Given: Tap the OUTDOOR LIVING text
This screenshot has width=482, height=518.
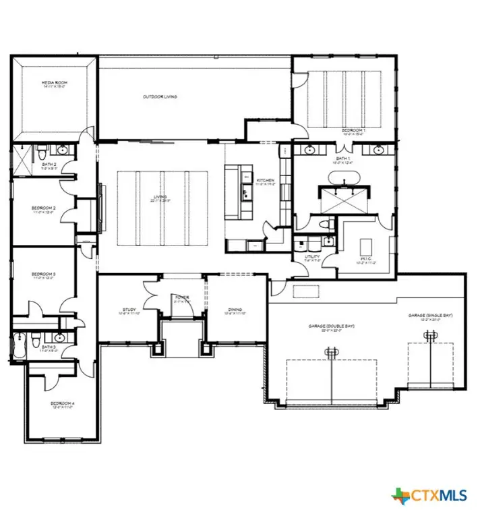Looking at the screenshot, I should pos(160,97).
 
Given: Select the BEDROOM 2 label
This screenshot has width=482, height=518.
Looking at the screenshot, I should pos(44,210).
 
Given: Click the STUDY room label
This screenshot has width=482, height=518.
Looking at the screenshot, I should pos(129,312).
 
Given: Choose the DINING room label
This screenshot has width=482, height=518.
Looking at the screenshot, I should pos(234,312).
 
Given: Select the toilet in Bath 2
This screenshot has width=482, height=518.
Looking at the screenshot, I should pos(40,149).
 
